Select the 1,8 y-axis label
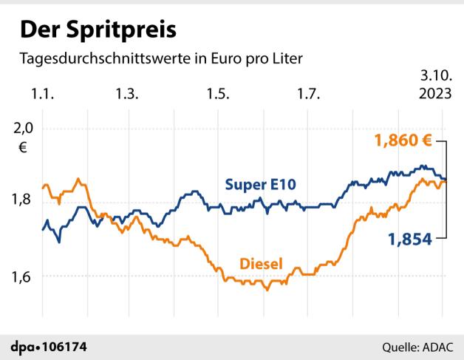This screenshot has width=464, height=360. [x=24, y=199]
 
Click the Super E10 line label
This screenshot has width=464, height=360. [x=260, y=184]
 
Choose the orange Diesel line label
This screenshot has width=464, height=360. [x=262, y=262]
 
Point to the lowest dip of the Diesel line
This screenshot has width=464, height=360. [x=267, y=290]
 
